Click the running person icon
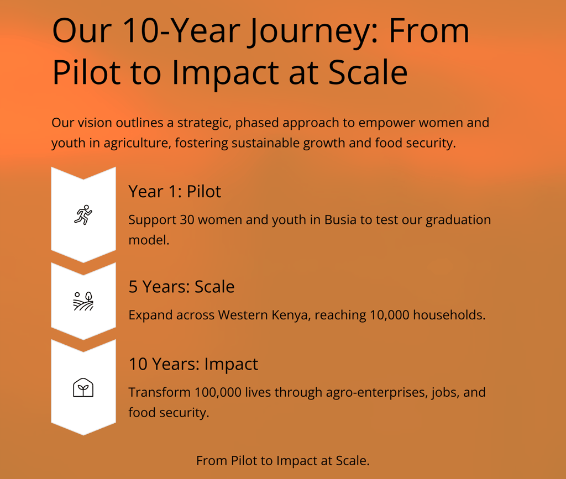[83, 215]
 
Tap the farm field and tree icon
[83, 301]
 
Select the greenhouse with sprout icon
[83, 388]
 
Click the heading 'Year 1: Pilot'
[175, 192]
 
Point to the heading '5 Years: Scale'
[181, 287]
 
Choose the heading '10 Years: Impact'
[193, 364]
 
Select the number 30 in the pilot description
[187, 220]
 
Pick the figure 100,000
[218, 392]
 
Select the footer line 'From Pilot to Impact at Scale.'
[283, 461]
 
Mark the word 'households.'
[449, 315]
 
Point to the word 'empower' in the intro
[387, 123]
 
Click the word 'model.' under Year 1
[149, 240]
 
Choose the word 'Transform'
[160, 392]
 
